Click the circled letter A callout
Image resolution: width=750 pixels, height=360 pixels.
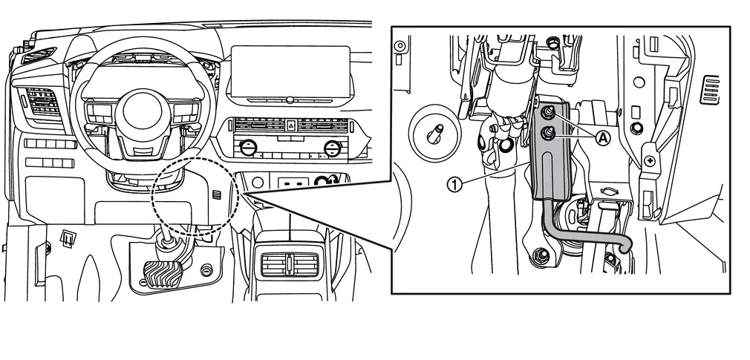tap(603, 138)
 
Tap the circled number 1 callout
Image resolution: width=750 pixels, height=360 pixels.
tap(455, 184)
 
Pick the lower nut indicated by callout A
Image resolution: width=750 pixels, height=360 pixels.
tap(549, 134)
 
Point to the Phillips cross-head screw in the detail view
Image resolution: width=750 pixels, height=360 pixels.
tap(650, 161)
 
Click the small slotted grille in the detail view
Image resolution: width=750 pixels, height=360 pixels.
tap(710, 89)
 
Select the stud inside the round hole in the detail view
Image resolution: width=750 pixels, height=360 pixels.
tap(436, 133)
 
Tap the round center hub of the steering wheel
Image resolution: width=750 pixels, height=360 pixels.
tap(143, 111)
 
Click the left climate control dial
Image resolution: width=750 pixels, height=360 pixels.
tap(248, 147)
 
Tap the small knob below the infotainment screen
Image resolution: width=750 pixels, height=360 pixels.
tap(290, 100)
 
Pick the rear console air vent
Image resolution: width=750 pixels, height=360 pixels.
tap(290, 264)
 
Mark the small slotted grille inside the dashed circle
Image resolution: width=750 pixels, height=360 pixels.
tap(217, 194)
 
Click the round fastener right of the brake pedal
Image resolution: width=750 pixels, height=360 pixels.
tap(206, 270)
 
